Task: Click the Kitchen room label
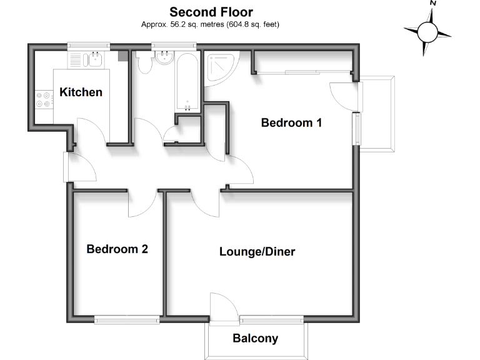tap(81, 92)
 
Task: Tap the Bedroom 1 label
tap(291, 122)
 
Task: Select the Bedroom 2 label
tap(117, 249)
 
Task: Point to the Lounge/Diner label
tap(257, 252)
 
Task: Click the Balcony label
tap(255, 339)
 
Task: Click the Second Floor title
tap(211, 12)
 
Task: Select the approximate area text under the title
tap(211, 24)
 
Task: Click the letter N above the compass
tap(432, 4)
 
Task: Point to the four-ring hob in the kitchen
tap(43, 100)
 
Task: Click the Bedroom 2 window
tap(127, 319)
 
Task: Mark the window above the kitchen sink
tap(89, 46)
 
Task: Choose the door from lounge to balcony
tap(222, 309)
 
